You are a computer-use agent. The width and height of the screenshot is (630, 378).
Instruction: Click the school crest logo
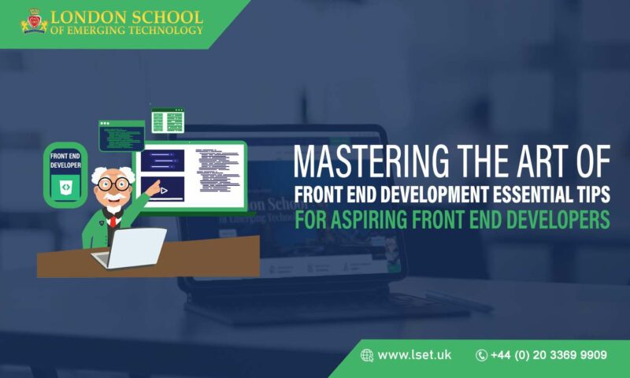(x=34, y=21)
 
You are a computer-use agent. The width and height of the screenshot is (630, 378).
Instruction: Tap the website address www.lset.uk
(x=414, y=355)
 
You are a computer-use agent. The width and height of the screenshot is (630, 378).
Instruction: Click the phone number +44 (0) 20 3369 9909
(x=548, y=355)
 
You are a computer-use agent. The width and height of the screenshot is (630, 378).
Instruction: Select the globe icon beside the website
(x=367, y=355)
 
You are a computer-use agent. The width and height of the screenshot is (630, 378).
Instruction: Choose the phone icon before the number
(x=482, y=355)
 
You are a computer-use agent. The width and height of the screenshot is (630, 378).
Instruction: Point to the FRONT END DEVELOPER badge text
(x=65, y=160)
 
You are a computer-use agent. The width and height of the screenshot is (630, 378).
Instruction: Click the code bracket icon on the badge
(x=65, y=187)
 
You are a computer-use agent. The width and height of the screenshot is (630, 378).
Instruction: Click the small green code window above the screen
(x=167, y=120)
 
